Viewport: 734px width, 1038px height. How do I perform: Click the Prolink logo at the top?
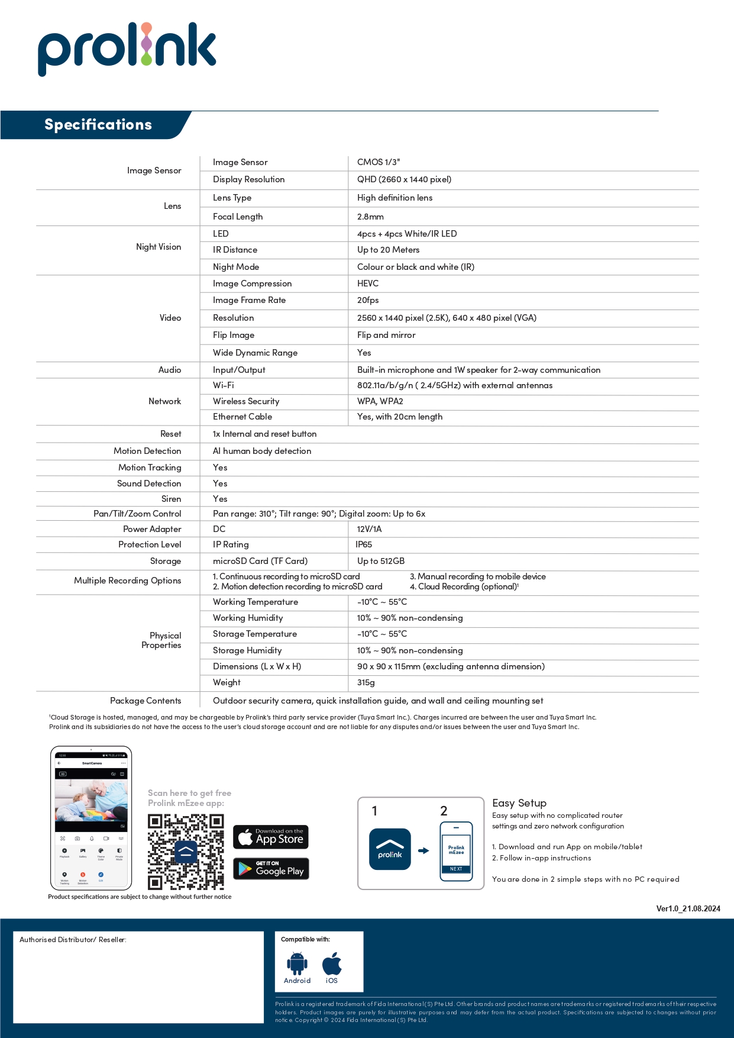127,47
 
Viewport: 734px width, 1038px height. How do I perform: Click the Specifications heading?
98,125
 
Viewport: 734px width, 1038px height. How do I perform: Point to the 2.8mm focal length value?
370,217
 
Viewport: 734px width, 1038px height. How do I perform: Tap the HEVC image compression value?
368,283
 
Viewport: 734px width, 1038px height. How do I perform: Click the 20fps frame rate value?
368,300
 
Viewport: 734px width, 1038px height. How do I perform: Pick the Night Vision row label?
159,247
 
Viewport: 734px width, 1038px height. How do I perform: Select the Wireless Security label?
246,401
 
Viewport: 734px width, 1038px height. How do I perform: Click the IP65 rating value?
364,544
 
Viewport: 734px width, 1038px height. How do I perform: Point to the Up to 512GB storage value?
381,561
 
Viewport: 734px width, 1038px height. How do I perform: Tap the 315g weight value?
366,682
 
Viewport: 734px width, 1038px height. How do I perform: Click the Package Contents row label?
145,701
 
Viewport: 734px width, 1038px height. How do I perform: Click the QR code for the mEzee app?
186,852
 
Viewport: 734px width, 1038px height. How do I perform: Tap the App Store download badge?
271,837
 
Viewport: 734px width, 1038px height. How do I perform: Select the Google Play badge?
271,869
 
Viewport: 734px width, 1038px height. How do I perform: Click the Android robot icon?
297,964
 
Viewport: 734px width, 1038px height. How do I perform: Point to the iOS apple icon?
332,964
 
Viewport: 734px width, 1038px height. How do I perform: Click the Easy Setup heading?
519,803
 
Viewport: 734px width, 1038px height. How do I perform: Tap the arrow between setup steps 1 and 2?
423,851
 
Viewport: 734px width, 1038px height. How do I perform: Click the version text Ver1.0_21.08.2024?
688,908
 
